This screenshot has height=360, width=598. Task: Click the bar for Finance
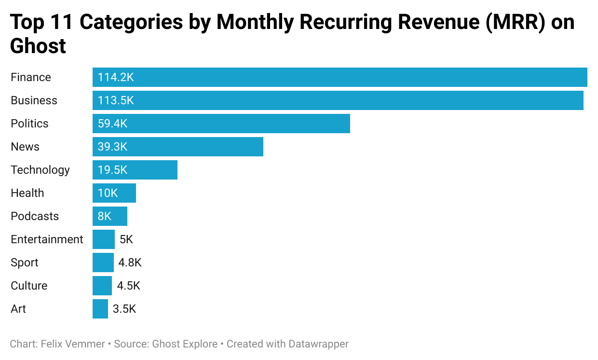340,77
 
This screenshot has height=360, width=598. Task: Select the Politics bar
221,124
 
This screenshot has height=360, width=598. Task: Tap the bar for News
177,147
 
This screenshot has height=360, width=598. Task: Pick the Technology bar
135,170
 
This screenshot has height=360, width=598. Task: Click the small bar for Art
100,309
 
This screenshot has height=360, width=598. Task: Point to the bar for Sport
103,263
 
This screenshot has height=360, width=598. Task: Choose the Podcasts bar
110,216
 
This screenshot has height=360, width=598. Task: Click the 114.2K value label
116,77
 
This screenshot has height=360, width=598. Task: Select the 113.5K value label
116,100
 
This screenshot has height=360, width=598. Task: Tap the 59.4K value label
112,124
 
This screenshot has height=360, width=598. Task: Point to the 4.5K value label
128,286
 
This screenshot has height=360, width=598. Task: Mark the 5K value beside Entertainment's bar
126,239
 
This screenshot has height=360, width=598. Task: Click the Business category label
34,100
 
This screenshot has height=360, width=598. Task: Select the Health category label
27,193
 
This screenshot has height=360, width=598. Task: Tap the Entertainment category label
47,239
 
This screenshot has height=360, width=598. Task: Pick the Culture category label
29,286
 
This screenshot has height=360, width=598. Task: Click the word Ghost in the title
38,46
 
